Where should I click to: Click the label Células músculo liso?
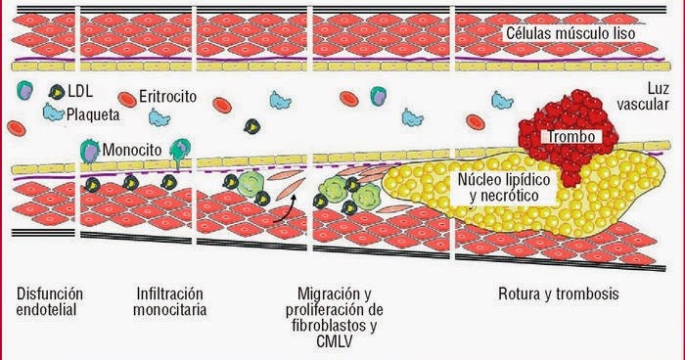(x=571, y=33)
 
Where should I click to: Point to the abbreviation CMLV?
(x=337, y=343)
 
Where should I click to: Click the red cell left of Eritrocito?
(x=126, y=99)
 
